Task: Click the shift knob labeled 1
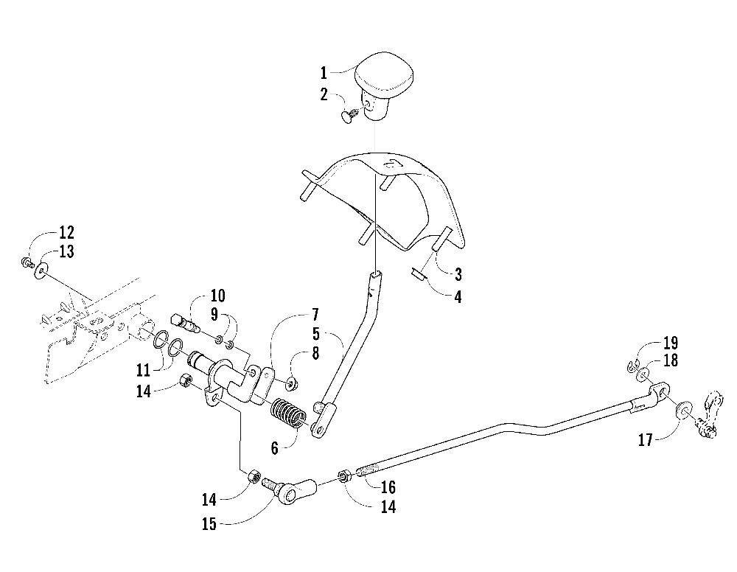coord(384,87)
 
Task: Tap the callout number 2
coord(324,94)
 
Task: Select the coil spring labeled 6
coord(289,413)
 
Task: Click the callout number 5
coord(316,334)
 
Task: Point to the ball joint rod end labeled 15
coord(290,491)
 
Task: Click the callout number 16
coord(388,487)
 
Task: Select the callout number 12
coord(66,232)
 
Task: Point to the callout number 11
coord(144,370)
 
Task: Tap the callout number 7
coord(315,315)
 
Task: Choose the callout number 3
coord(458,274)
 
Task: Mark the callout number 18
coord(671,360)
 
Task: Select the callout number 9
coord(214,315)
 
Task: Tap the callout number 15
coord(209,523)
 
